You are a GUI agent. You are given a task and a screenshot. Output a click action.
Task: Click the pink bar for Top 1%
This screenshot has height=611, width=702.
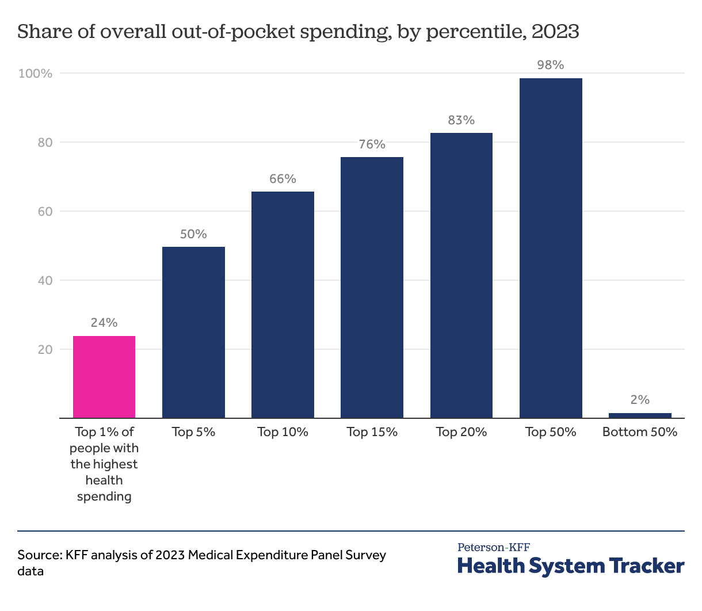(104, 377)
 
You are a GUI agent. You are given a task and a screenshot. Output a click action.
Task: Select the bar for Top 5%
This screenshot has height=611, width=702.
(193, 333)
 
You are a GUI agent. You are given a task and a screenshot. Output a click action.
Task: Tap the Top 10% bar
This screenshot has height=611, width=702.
(283, 305)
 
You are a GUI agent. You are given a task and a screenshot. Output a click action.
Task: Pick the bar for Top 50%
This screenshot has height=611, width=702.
(551, 248)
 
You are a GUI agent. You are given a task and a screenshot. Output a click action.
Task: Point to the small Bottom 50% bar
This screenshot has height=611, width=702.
(640, 415)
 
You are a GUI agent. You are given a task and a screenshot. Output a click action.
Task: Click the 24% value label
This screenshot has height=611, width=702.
(104, 323)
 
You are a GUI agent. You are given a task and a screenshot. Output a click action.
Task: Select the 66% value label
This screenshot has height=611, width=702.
(283, 179)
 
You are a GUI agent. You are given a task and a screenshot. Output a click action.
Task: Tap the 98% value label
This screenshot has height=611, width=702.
(551, 65)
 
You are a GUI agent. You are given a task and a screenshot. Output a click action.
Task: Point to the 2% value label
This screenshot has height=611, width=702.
(640, 400)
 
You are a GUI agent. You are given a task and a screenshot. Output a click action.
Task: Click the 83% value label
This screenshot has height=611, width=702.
(461, 120)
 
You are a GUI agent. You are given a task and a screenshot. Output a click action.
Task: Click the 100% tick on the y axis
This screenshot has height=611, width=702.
(36, 74)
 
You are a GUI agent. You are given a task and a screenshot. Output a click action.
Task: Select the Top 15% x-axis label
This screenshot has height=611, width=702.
(372, 432)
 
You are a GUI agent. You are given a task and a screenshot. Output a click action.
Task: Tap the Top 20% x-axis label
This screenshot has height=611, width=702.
(461, 432)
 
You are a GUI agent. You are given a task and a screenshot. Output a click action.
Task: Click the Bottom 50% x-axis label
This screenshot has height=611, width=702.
(640, 432)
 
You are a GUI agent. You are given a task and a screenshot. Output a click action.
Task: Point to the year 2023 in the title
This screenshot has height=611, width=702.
(555, 32)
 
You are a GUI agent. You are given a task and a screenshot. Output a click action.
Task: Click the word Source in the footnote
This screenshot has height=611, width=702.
(39, 555)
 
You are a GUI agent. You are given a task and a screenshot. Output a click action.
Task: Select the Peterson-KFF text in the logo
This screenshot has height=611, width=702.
(494, 547)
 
